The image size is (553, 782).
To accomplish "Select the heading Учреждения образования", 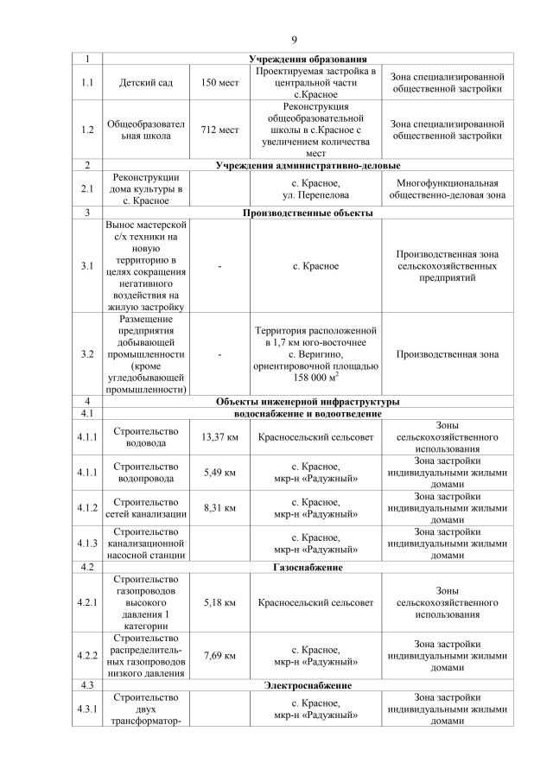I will click(x=308, y=58).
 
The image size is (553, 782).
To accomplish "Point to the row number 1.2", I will click(x=86, y=130).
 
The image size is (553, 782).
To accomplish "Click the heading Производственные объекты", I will click(x=308, y=213).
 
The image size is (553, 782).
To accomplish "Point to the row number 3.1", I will click(x=86, y=266).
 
